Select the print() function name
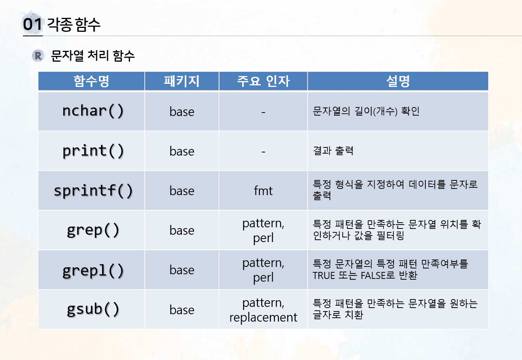(93, 151)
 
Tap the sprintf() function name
(93, 191)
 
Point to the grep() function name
(93, 230)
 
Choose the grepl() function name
(93, 270)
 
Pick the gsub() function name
(93, 310)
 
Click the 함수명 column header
(91, 81)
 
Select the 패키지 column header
(182, 81)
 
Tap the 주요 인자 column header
(264, 81)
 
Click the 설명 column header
(398, 81)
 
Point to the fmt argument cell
(263, 191)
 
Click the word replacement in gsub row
(263, 317)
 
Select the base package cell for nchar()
(182, 112)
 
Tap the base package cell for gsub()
(182, 310)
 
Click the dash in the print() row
(263, 152)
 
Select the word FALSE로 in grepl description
(378, 275)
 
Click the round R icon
(38, 56)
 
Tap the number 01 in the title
(32, 24)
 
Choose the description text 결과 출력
(333, 151)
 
